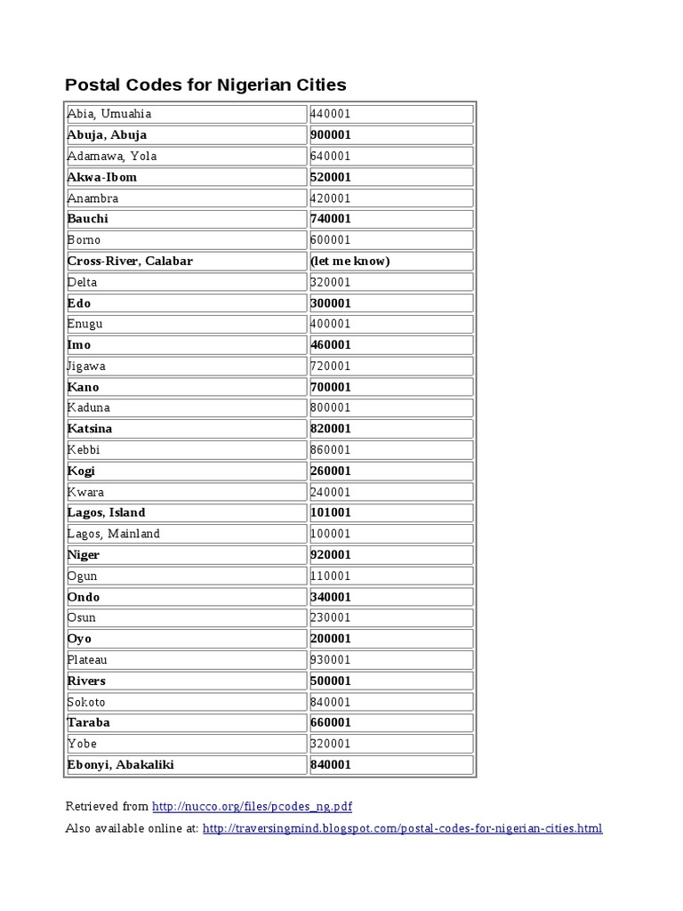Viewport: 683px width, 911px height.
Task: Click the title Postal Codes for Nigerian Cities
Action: pyautogui.click(x=205, y=85)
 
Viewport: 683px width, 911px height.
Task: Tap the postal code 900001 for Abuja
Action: pyautogui.click(x=331, y=135)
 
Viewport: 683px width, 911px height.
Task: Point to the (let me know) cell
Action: pyautogui.click(x=350, y=262)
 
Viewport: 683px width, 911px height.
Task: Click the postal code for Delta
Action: pyautogui.click(x=331, y=282)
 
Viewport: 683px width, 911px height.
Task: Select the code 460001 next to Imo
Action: pyautogui.click(x=331, y=345)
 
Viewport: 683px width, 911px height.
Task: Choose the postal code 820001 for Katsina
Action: pyautogui.click(x=331, y=429)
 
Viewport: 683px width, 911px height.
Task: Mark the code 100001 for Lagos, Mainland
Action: pyautogui.click(x=331, y=534)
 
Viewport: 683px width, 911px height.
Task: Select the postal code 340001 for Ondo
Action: pyautogui.click(x=331, y=597)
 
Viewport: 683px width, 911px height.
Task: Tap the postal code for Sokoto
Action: pyautogui.click(x=331, y=702)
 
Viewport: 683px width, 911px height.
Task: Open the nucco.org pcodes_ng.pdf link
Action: pyautogui.click(x=253, y=807)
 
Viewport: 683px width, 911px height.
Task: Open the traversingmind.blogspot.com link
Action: pyautogui.click(x=402, y=828)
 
